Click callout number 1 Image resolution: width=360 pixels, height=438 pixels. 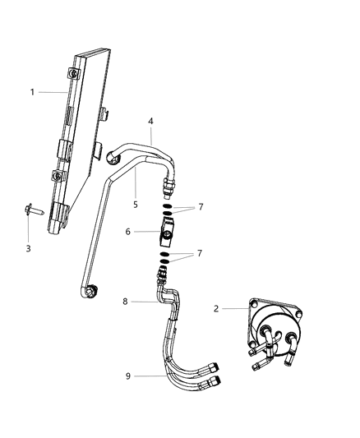(x=33, y=92)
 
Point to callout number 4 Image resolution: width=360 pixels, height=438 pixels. (x=151, y=122)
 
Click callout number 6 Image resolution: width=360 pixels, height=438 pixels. (x=128, y=233)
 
